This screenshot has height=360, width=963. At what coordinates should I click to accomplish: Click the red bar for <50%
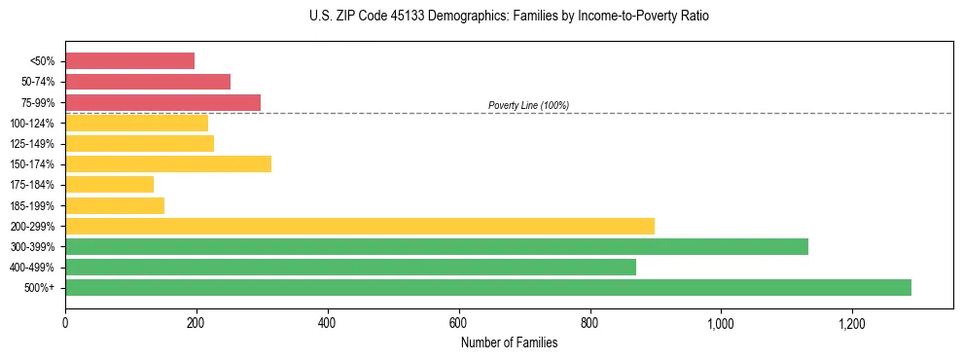coord(129,61)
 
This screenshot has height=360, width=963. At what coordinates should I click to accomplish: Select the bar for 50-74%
coord(148,82)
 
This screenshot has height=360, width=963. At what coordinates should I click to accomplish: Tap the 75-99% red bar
coord(162,102)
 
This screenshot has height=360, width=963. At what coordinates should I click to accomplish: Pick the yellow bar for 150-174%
coord(168,163)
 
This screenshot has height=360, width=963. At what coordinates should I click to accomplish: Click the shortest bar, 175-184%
coord(109,184)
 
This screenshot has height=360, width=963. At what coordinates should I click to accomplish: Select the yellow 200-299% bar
coord(360,226)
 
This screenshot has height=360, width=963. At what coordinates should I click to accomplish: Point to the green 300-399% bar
coord(437,246)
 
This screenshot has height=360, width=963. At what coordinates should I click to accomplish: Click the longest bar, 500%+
coord(488,287)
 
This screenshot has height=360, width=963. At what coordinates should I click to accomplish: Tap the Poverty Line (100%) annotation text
coord(528,105)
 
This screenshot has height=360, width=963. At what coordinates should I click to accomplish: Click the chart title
coord(510,17)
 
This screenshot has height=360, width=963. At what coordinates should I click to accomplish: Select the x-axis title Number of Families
coord(509,342)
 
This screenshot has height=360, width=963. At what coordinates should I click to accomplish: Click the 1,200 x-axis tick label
coord(851,322)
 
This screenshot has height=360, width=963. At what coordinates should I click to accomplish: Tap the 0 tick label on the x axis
coord(65,322)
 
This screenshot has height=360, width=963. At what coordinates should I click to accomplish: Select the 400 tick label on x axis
coord(327,322)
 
